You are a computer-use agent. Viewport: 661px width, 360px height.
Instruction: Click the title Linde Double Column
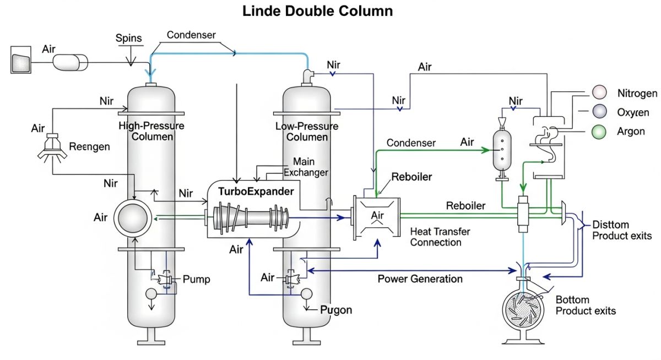(318, 11)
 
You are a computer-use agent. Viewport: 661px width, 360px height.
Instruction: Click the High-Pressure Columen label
(151, 131)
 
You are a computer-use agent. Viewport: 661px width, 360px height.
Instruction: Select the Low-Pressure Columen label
(307, 132)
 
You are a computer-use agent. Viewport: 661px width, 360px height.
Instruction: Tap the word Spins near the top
(129, 39)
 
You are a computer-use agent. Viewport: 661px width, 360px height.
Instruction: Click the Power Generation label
(420, 279)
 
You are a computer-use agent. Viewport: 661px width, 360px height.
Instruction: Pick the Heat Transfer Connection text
(440, 237)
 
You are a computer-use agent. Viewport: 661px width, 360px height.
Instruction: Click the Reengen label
(89, 147)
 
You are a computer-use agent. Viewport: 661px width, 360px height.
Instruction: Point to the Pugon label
(336, 310)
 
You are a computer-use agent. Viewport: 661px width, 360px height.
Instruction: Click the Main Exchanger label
(306, 167)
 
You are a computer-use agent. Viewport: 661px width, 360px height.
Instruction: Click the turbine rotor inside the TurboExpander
(248, 217)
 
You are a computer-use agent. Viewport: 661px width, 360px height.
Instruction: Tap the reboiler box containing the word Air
(377, 216)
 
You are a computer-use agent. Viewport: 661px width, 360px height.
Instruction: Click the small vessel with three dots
(502, 149)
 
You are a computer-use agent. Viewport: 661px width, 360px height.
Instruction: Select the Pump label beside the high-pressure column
(196, 280)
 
